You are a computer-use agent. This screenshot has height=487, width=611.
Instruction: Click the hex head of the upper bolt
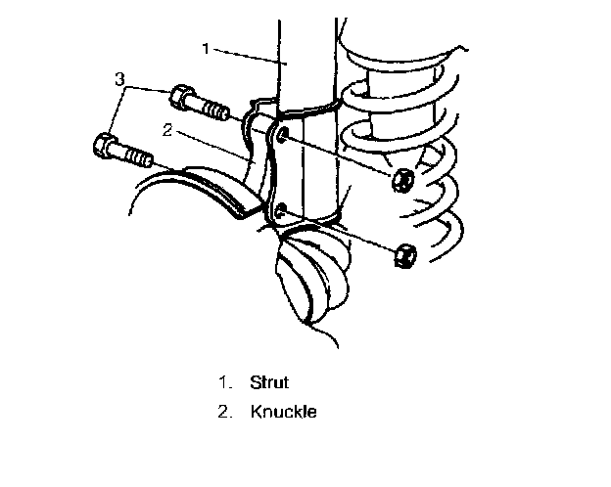coord(181,97)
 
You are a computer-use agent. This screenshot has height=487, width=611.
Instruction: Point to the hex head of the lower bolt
coord(103,147)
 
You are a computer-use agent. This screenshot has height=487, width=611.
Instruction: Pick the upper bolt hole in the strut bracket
coord(282,133)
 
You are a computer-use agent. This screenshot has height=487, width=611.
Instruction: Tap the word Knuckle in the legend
coord(284,412)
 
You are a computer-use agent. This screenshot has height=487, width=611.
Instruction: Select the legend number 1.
coord(223,382)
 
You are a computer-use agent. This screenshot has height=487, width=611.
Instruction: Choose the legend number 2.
coord(223,412)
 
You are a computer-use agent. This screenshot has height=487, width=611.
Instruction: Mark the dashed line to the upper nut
coord(343,157)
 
